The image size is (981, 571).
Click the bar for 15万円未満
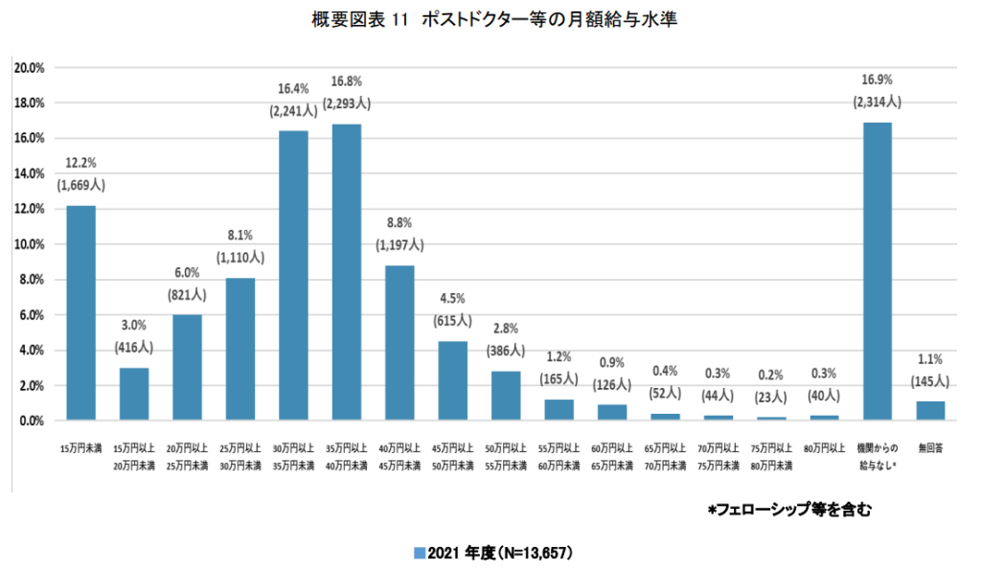coord(80,313)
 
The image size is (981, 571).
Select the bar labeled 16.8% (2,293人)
coord(347,272)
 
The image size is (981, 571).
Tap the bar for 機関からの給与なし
coord(878,271)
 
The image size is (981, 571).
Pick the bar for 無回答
coord(930,411)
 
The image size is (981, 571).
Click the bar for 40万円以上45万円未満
coord(399,343)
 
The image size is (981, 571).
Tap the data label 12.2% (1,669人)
coord(80,174)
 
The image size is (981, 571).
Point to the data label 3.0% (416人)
coord(134,337)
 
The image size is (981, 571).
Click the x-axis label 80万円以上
coord(824,447)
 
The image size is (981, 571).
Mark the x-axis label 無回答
coord(930,447)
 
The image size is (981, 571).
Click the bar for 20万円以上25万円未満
coord(187,368)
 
